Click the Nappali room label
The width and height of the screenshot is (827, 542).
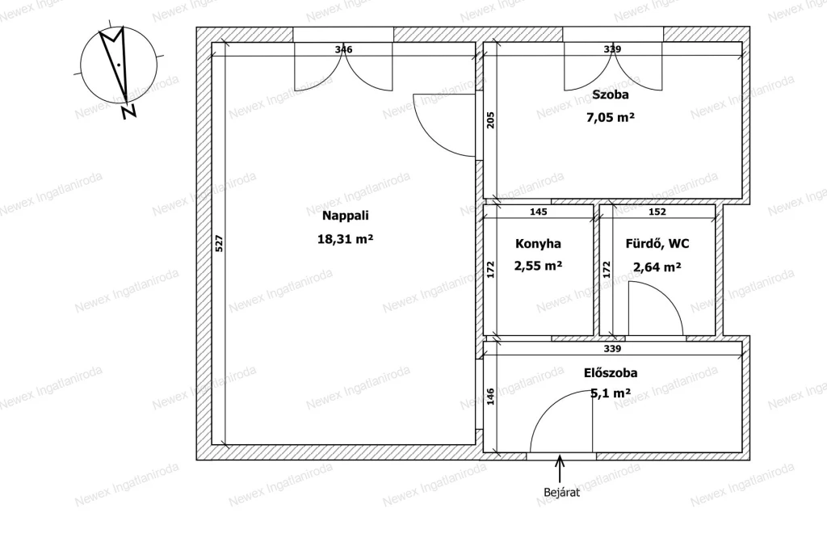click(346, 216)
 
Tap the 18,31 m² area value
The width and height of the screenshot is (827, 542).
click(345, 239)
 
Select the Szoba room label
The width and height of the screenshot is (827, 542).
click(611, 95)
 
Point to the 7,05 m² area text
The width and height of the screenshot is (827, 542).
click(611, 117)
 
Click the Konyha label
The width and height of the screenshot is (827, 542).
click(538, 244)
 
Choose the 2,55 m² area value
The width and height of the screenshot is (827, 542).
click(538, 266)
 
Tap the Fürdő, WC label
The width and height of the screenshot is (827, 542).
click(657, 244)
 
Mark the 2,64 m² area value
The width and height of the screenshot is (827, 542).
click(657, 267)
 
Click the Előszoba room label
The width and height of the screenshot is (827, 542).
click(611, 373)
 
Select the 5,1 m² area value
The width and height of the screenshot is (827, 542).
click(611, 393)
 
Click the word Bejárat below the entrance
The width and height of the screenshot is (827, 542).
click(562, 493)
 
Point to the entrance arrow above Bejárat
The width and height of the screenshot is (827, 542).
click(560, 468)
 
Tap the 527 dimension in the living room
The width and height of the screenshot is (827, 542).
click(220, 243)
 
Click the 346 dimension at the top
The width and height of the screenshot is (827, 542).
click(343, 49)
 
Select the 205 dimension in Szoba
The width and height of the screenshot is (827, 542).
click(490, 121)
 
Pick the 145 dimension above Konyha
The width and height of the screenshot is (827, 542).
click(538, 212)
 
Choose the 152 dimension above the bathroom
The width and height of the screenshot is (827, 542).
click(657, 212)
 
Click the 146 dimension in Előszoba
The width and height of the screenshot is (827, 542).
click(490, 397)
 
